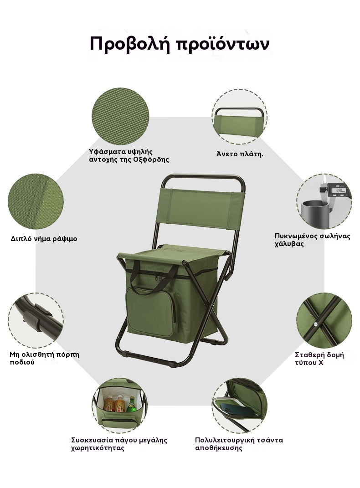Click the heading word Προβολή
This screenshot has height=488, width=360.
point(130,44)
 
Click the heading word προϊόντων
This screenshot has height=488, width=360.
point(223,44)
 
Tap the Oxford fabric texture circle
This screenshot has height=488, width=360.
point(120,116)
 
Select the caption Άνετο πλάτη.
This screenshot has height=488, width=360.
point(240,154)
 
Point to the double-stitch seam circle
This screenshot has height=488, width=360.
point(36,201)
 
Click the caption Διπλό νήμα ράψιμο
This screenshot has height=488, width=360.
point(44,239)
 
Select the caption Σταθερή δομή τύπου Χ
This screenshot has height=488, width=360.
point(319,359)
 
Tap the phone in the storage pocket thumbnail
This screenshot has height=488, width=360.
point(238,409)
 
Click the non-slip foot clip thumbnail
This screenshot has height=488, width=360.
point(36,321)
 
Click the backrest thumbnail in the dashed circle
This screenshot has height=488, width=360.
point(240,117)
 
